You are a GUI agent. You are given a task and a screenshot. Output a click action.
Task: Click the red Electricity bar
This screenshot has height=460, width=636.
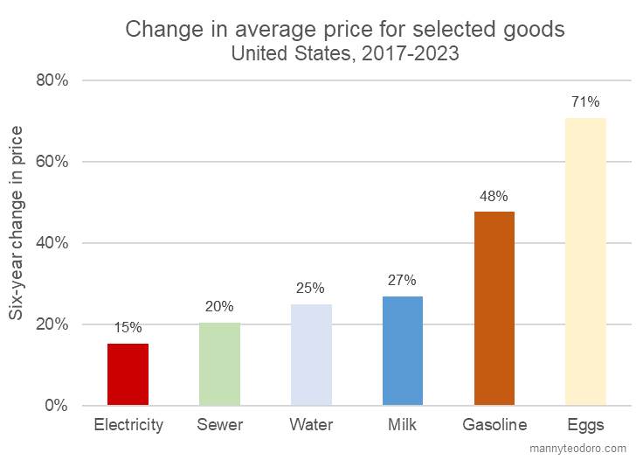point(128,374)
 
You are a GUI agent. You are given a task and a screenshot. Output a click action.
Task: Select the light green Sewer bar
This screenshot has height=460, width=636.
point(219,364)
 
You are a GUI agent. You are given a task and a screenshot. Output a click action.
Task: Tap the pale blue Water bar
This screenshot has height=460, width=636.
point(311,354)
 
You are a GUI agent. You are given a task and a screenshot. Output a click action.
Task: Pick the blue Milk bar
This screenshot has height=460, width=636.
point(403,351)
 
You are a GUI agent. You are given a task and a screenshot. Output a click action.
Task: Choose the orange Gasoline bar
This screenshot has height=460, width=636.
point(494,308)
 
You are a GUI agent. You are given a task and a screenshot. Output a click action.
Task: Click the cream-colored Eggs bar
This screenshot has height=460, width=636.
point(585,261)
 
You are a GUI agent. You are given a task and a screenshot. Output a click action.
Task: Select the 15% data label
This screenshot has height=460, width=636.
point(128,328)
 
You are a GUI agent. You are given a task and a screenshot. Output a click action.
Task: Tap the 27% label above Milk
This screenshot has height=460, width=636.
point(402,281)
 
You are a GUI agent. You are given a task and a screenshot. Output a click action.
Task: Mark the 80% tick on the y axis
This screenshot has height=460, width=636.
point(51,80)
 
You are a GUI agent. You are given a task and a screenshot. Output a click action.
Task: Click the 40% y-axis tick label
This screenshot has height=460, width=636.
point(51,243)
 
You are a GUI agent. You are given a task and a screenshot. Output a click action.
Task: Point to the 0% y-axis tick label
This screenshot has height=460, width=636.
point(56,406)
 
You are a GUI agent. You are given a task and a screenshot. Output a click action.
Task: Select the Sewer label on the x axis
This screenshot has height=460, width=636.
point(219,426)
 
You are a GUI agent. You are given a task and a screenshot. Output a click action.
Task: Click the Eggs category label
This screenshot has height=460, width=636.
point(585,426)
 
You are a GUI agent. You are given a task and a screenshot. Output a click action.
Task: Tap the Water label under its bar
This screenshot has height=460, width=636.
point(311,426)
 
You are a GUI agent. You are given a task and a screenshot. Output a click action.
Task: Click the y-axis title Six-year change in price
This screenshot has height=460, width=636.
point(17,223)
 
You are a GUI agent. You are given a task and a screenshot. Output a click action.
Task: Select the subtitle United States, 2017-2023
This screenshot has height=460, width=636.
point(344,53)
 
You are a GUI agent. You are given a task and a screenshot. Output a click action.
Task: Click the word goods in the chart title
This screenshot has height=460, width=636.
point(535,29)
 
